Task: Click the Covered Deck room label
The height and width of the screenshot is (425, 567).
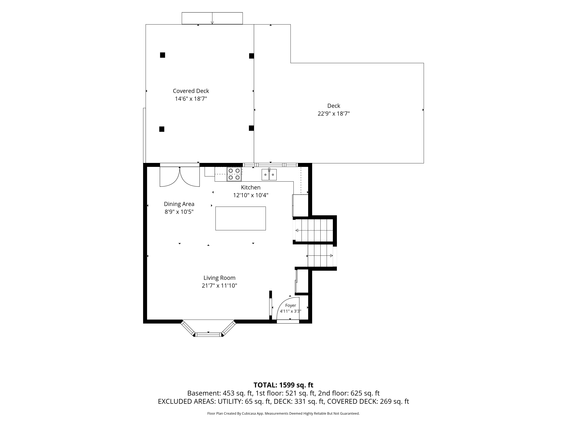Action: pos(191,91)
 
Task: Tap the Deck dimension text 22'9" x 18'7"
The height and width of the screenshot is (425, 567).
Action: pos(334,114)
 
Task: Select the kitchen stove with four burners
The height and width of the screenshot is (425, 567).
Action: pos(234,174)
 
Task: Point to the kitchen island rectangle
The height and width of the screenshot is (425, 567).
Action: pos(240,218)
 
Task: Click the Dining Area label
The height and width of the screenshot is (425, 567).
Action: pos(179,204)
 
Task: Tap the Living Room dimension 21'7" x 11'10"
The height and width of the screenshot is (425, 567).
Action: pos(219,286)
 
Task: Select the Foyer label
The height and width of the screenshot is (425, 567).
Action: pos(291,305)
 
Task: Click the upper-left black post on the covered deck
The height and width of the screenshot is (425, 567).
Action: pos(162,55)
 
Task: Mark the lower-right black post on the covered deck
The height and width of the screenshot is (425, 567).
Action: pos(251,128)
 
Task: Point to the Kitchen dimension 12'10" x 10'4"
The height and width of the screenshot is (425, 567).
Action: pos(251,195)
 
